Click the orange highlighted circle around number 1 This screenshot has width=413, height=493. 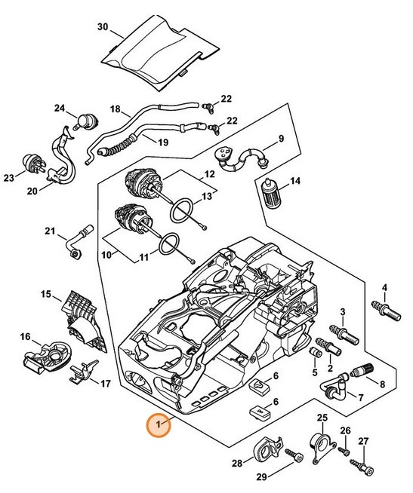[159, 424]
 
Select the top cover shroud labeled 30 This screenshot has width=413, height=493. [161, 53]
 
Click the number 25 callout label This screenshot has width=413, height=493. [322, 418]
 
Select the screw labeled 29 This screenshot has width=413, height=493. [294, 455]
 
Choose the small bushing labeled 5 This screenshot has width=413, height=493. [315, 352]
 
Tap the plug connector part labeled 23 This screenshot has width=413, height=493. [34, 163]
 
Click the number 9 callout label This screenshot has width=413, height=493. [281, 139]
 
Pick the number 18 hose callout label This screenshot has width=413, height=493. [116, 109]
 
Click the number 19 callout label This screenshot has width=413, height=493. [163, 142]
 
